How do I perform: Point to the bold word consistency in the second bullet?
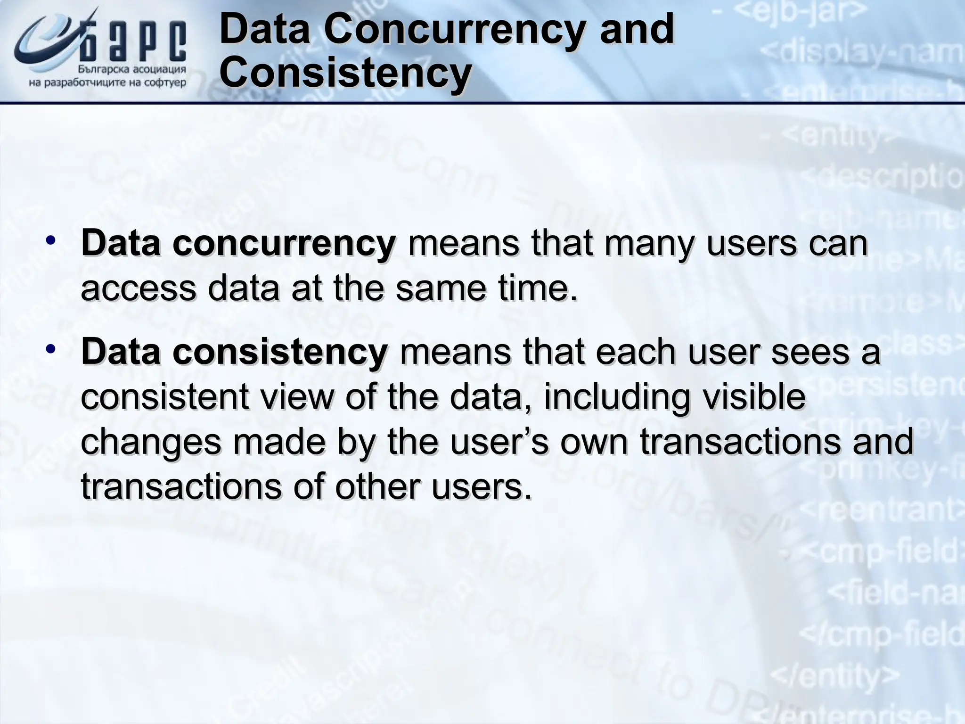click(280, 352)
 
